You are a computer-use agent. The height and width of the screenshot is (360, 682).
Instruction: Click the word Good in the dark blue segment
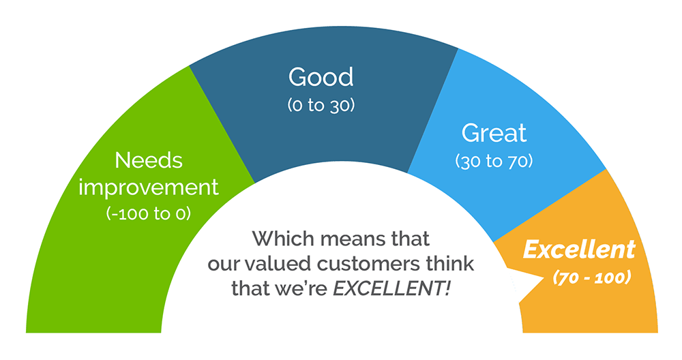(321, 77)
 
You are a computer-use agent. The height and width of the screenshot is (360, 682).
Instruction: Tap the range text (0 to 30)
(321, 105)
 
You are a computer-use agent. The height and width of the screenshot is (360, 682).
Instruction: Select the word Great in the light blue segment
(494, 133)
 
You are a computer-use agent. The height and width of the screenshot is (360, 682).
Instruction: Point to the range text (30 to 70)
(494, 162)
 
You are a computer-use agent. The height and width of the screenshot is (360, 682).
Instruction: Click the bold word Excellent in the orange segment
(579, 250)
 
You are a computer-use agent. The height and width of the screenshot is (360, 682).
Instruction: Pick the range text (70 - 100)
(592, 277)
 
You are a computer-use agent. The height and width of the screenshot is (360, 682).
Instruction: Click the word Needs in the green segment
(149, 160)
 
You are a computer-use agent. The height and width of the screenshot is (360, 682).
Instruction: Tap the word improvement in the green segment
(148, 187)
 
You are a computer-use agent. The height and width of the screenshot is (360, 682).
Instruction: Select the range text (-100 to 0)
(148, 213)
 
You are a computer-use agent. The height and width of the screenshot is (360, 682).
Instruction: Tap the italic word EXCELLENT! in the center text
(392, 288)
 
